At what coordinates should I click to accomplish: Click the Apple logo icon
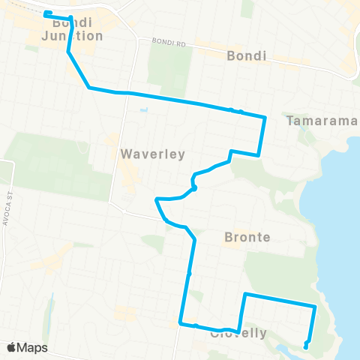tap(11, 348)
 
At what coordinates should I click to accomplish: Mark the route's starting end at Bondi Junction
tap(46, 13)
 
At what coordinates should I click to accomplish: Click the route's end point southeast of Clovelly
tap(306, 346)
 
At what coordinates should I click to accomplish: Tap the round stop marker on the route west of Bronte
tap(193, 189)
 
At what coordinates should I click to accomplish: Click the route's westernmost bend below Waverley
tap(156, 199)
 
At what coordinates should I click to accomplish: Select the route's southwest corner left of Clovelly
tap(181, 323)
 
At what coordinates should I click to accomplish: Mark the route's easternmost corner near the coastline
tap(314, 306)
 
